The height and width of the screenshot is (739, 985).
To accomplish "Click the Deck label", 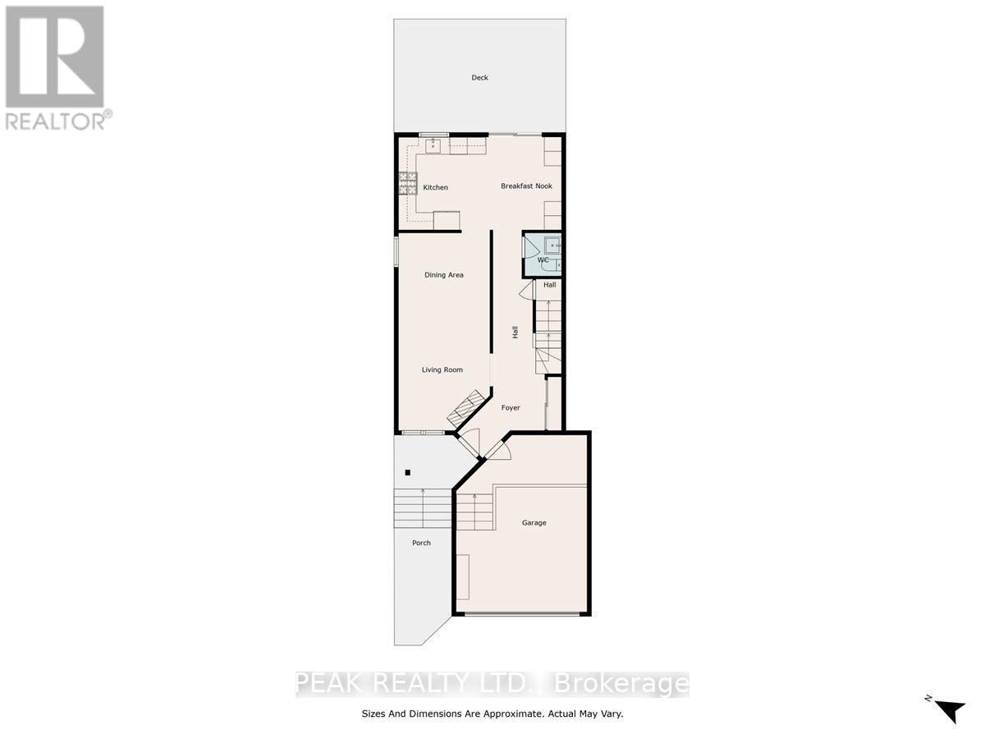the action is (x=479, y=78).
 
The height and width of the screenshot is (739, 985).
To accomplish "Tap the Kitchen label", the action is (x=435, y=187).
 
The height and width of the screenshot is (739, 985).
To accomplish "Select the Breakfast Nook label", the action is (x=526, y=186).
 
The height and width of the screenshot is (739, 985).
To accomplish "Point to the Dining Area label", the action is (x=444, y=274).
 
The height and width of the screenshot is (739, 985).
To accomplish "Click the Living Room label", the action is (x=442, y=369).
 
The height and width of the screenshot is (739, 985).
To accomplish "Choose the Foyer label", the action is (x=511, y=408).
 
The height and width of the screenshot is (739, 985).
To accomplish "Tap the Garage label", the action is (x=534, y=523).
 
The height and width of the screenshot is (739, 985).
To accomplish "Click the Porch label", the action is (x=421, y=543).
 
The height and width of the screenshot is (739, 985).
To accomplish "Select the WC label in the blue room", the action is (x=543, y=259).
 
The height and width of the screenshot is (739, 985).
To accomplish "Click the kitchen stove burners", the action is (x=408, y=183).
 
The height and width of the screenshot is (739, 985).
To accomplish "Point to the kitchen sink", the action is (x=433, y=146).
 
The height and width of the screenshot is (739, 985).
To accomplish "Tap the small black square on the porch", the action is (x=407, y=472).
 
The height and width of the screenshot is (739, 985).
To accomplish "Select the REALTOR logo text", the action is (x=58, y=120).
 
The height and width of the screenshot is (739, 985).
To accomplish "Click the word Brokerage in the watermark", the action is (x=621, y=683).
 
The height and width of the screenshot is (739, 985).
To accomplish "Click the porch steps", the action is (x=422, y=508).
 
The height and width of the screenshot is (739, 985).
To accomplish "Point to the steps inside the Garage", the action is (x=474, y=512).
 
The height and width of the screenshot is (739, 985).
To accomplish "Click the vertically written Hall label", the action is (x=515, y=332).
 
